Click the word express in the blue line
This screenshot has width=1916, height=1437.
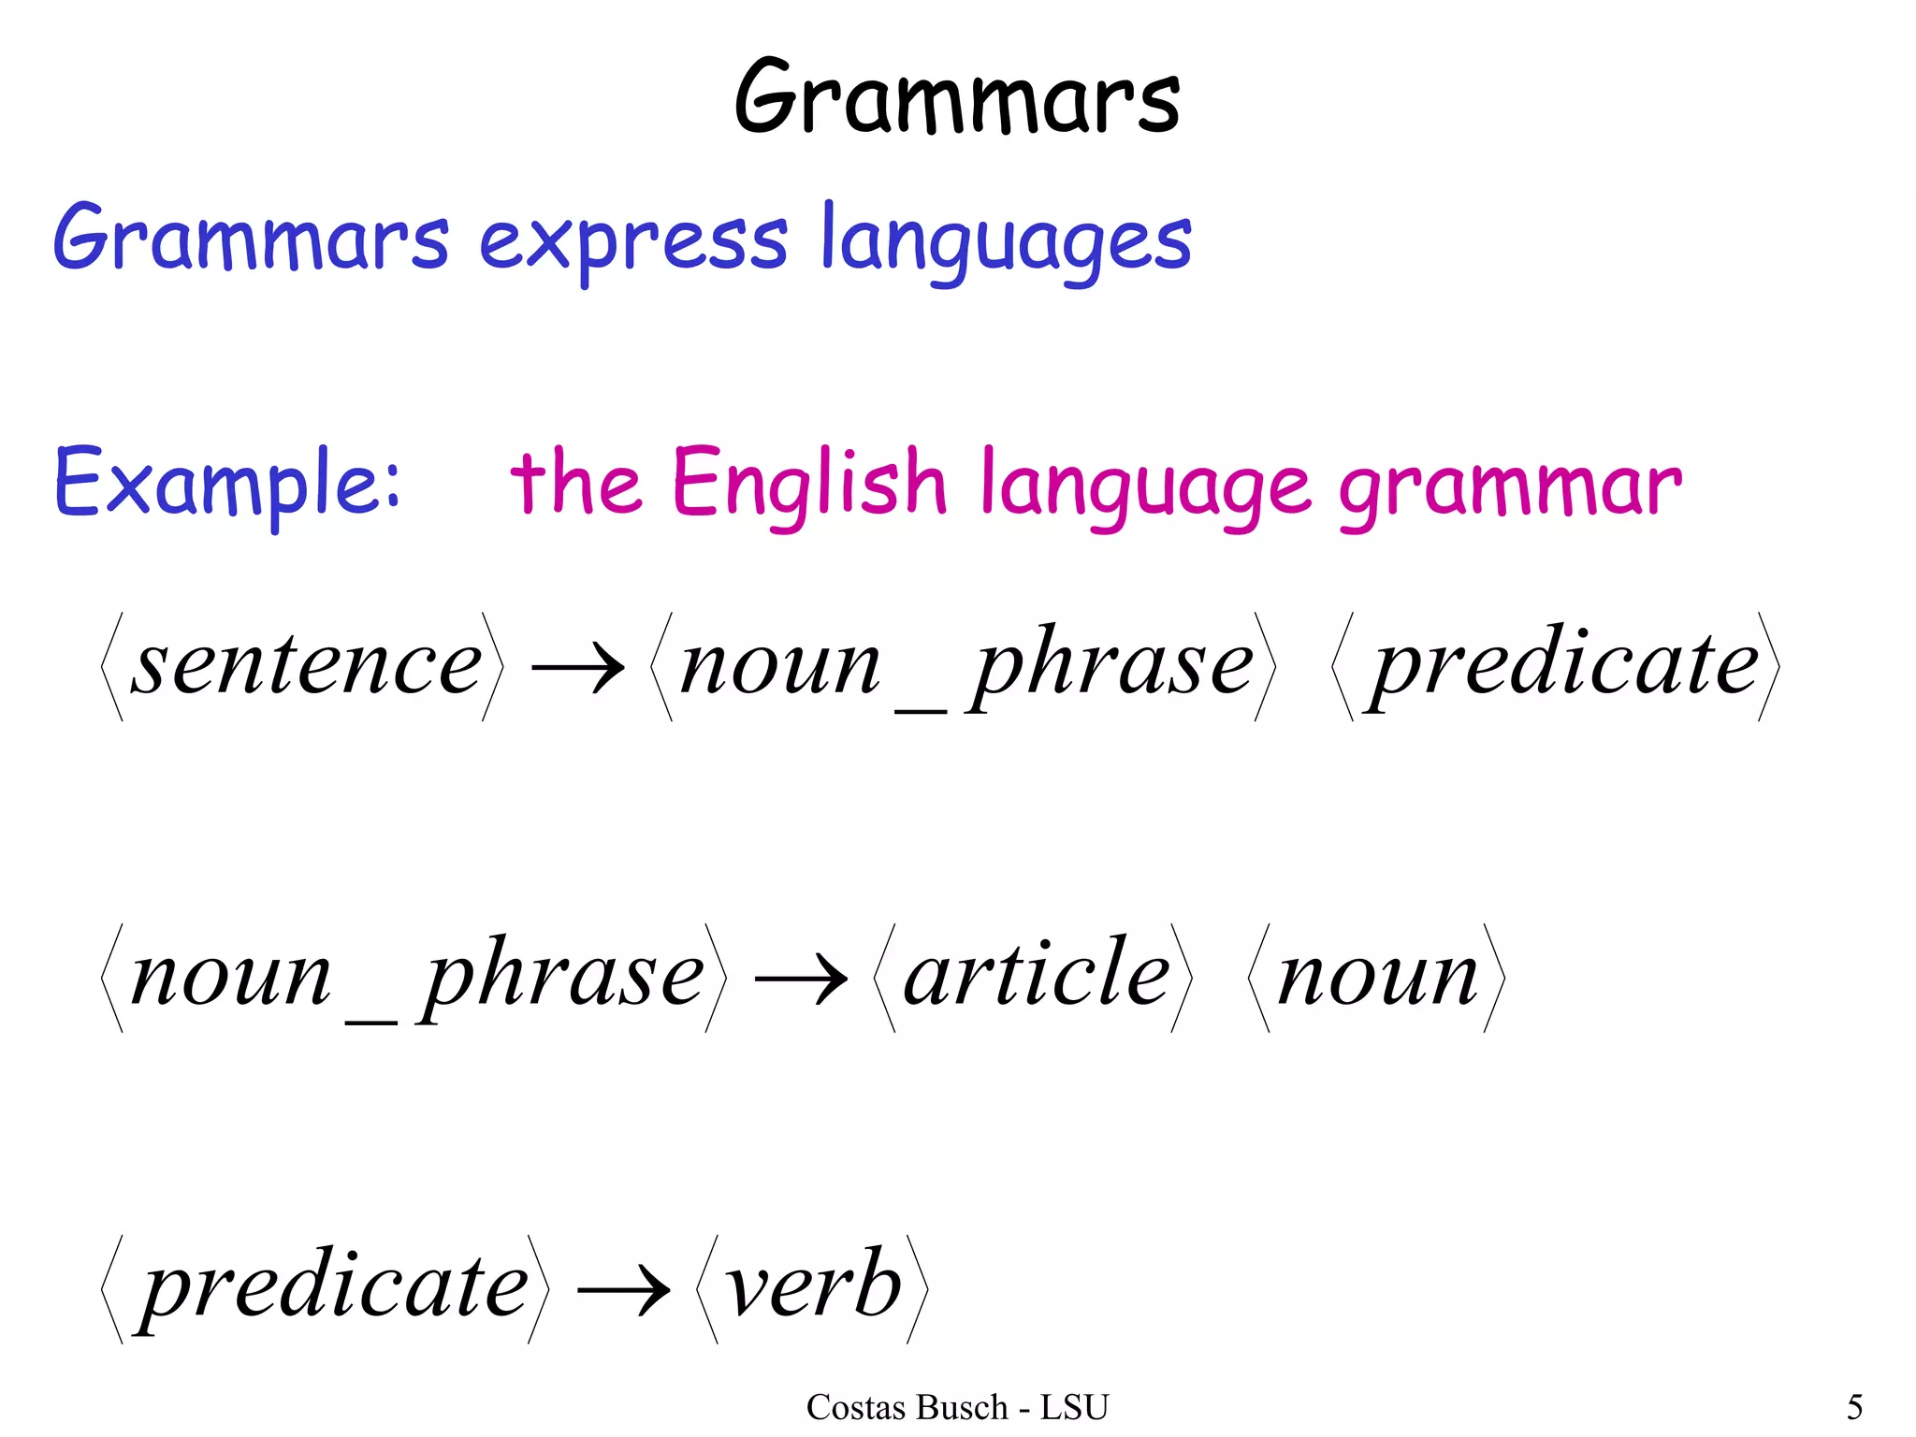point(633,241)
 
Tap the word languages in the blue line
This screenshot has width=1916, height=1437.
point(1006,241)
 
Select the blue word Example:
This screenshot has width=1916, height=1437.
point(227,484)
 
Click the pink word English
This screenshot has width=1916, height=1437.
point(809,484)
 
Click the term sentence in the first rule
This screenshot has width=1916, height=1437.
point(306,665)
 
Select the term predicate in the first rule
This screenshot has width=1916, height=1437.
point(1564,665)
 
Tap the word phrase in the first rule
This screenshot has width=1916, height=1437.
point(1110,665)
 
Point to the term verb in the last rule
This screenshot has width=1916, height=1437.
point(812,1286)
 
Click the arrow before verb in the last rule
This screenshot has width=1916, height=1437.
point(623,1290)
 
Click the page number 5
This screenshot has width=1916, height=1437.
point(1854,1407)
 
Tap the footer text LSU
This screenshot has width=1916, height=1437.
point(1074,1407)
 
